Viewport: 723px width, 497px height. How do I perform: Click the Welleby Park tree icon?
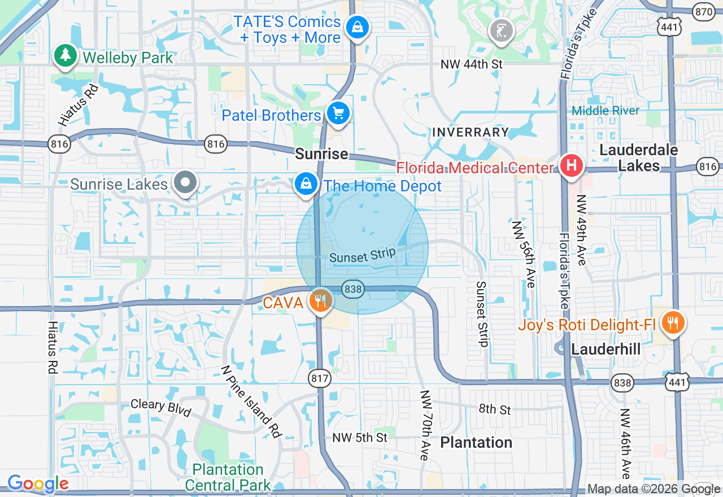66,55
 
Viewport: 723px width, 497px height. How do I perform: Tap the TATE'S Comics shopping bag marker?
357,27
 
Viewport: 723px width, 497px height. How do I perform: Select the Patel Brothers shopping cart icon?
338,114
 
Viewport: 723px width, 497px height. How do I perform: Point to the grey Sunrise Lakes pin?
185,182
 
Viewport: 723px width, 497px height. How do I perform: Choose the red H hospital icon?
571,166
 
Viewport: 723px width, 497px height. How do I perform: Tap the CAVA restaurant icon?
321,300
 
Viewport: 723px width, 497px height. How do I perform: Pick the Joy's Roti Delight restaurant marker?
672,323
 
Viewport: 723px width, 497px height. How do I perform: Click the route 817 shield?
320,378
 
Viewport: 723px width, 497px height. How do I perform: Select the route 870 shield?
704,11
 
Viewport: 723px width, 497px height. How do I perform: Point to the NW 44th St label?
472,64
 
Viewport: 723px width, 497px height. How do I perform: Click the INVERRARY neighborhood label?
471,132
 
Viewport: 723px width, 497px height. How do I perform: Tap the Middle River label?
606,111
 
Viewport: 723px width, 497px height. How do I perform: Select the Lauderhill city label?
606,349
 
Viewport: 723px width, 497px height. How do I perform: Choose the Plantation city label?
476,442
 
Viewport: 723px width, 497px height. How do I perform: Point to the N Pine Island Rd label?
251,401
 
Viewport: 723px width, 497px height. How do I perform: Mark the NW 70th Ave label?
425,424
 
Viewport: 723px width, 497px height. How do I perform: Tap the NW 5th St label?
360,437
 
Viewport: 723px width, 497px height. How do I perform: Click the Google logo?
38,483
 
